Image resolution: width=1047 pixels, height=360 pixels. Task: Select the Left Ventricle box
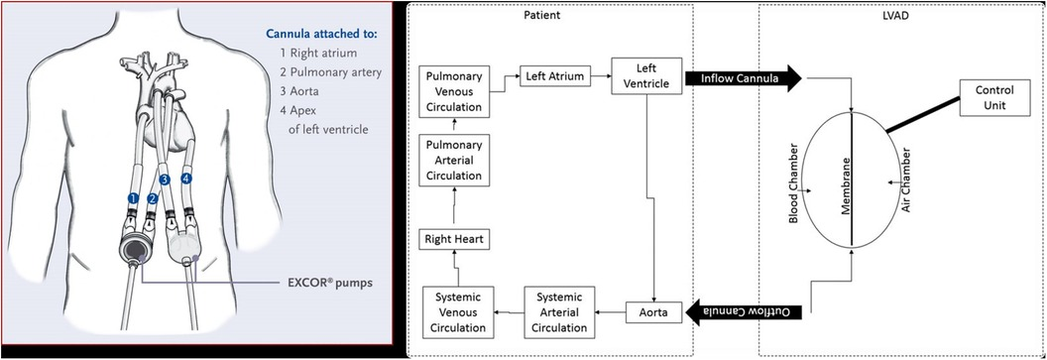pos(647,76)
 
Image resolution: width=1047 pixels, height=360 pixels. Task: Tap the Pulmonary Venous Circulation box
pos(453,92)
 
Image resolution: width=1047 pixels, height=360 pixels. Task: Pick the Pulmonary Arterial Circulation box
pos(453,161)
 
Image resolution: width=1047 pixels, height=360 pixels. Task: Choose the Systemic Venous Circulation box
pos(453,310)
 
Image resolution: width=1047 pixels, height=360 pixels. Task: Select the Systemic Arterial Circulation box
pos(559,310)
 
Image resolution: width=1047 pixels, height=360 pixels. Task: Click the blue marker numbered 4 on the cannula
pos(185,178)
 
